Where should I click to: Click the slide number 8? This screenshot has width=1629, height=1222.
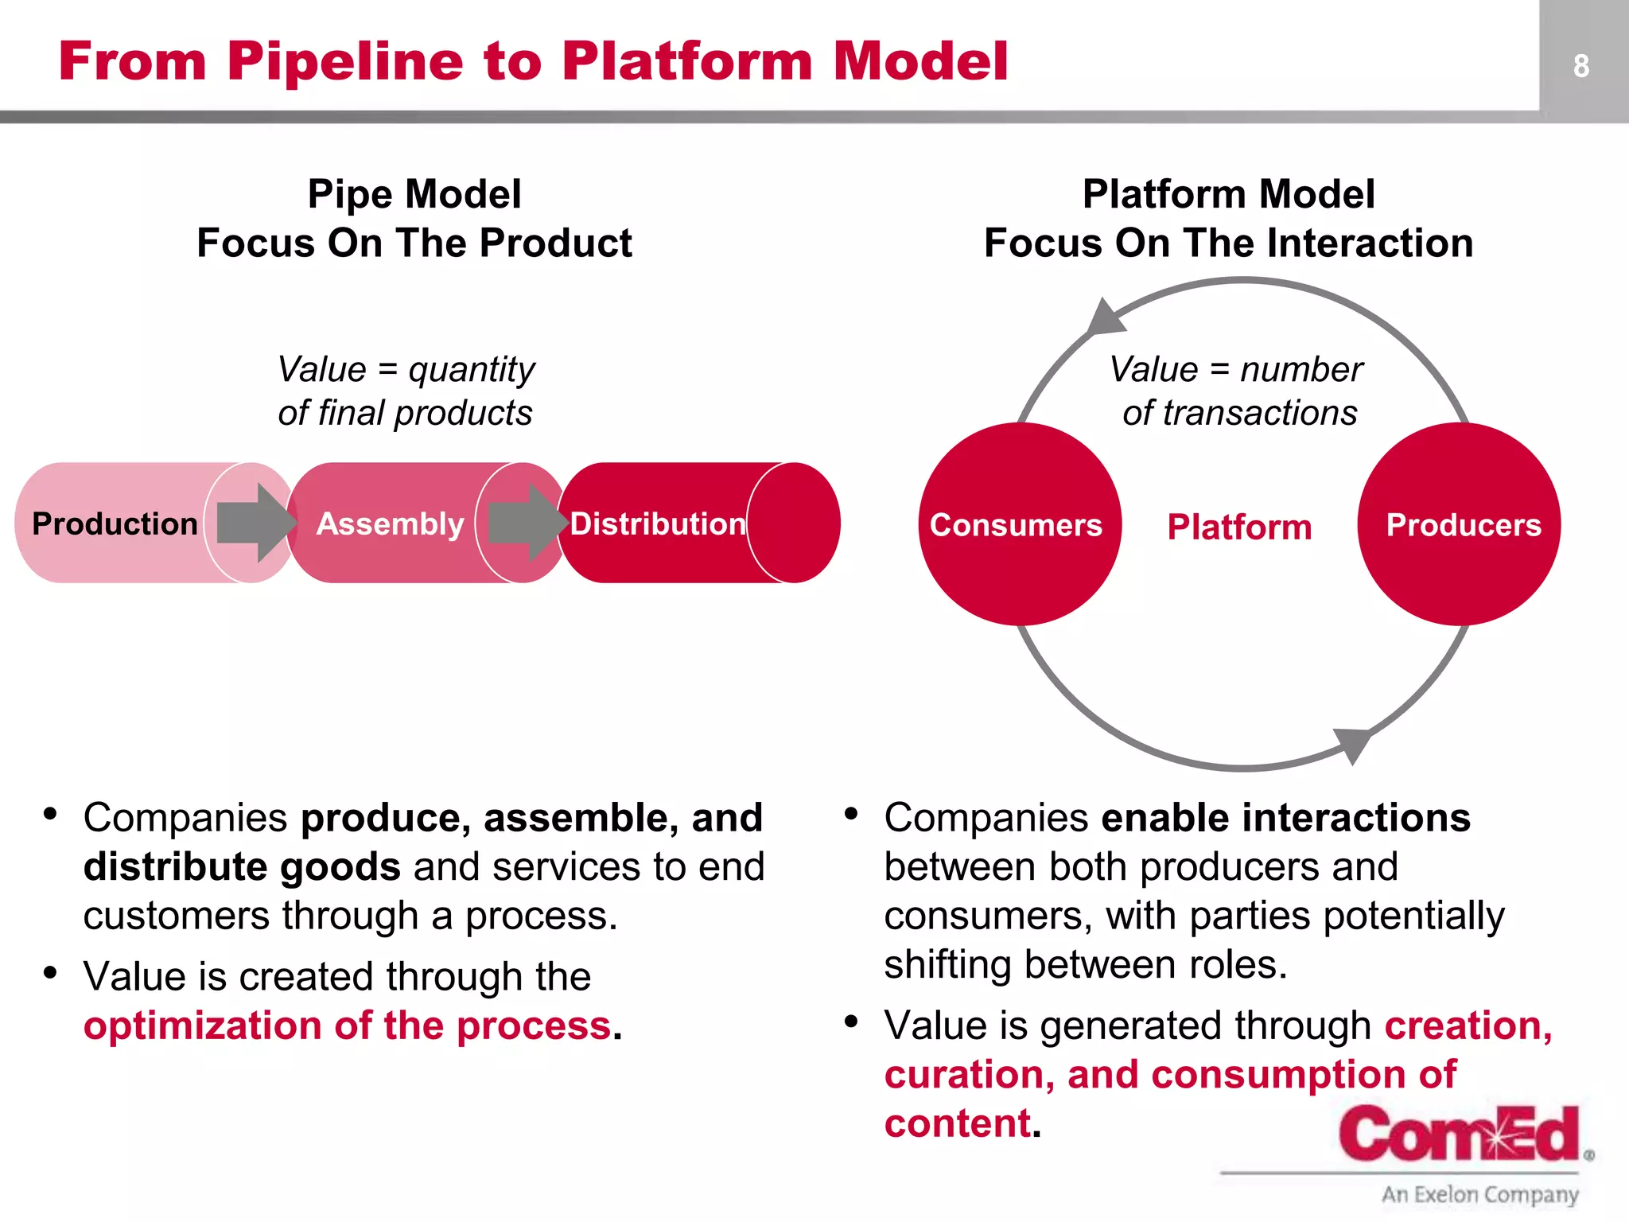pos(1580,65)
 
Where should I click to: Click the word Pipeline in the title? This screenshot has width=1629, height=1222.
pos(344,61)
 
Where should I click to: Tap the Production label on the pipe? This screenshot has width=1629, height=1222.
pos(115,524)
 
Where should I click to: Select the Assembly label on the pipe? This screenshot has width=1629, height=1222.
pos(390,524)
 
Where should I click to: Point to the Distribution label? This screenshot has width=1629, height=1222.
pos(658,524)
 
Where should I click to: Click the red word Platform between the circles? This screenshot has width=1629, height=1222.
pos(1239,527)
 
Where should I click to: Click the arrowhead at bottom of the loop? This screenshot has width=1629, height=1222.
pos(1351,744)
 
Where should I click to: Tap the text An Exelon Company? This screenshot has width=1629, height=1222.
pos(1479,1194)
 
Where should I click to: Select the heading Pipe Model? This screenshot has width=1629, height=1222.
pos(414,194)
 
